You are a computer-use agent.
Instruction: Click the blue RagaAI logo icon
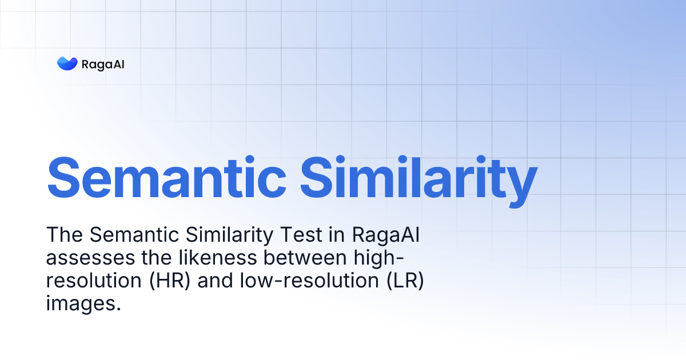coord(67,63)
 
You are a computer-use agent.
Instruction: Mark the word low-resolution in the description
coord(308,282)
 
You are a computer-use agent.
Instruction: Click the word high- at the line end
coord(380,258)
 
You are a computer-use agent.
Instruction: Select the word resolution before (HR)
coord(91,282)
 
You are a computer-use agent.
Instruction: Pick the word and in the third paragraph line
coord(213,282)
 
